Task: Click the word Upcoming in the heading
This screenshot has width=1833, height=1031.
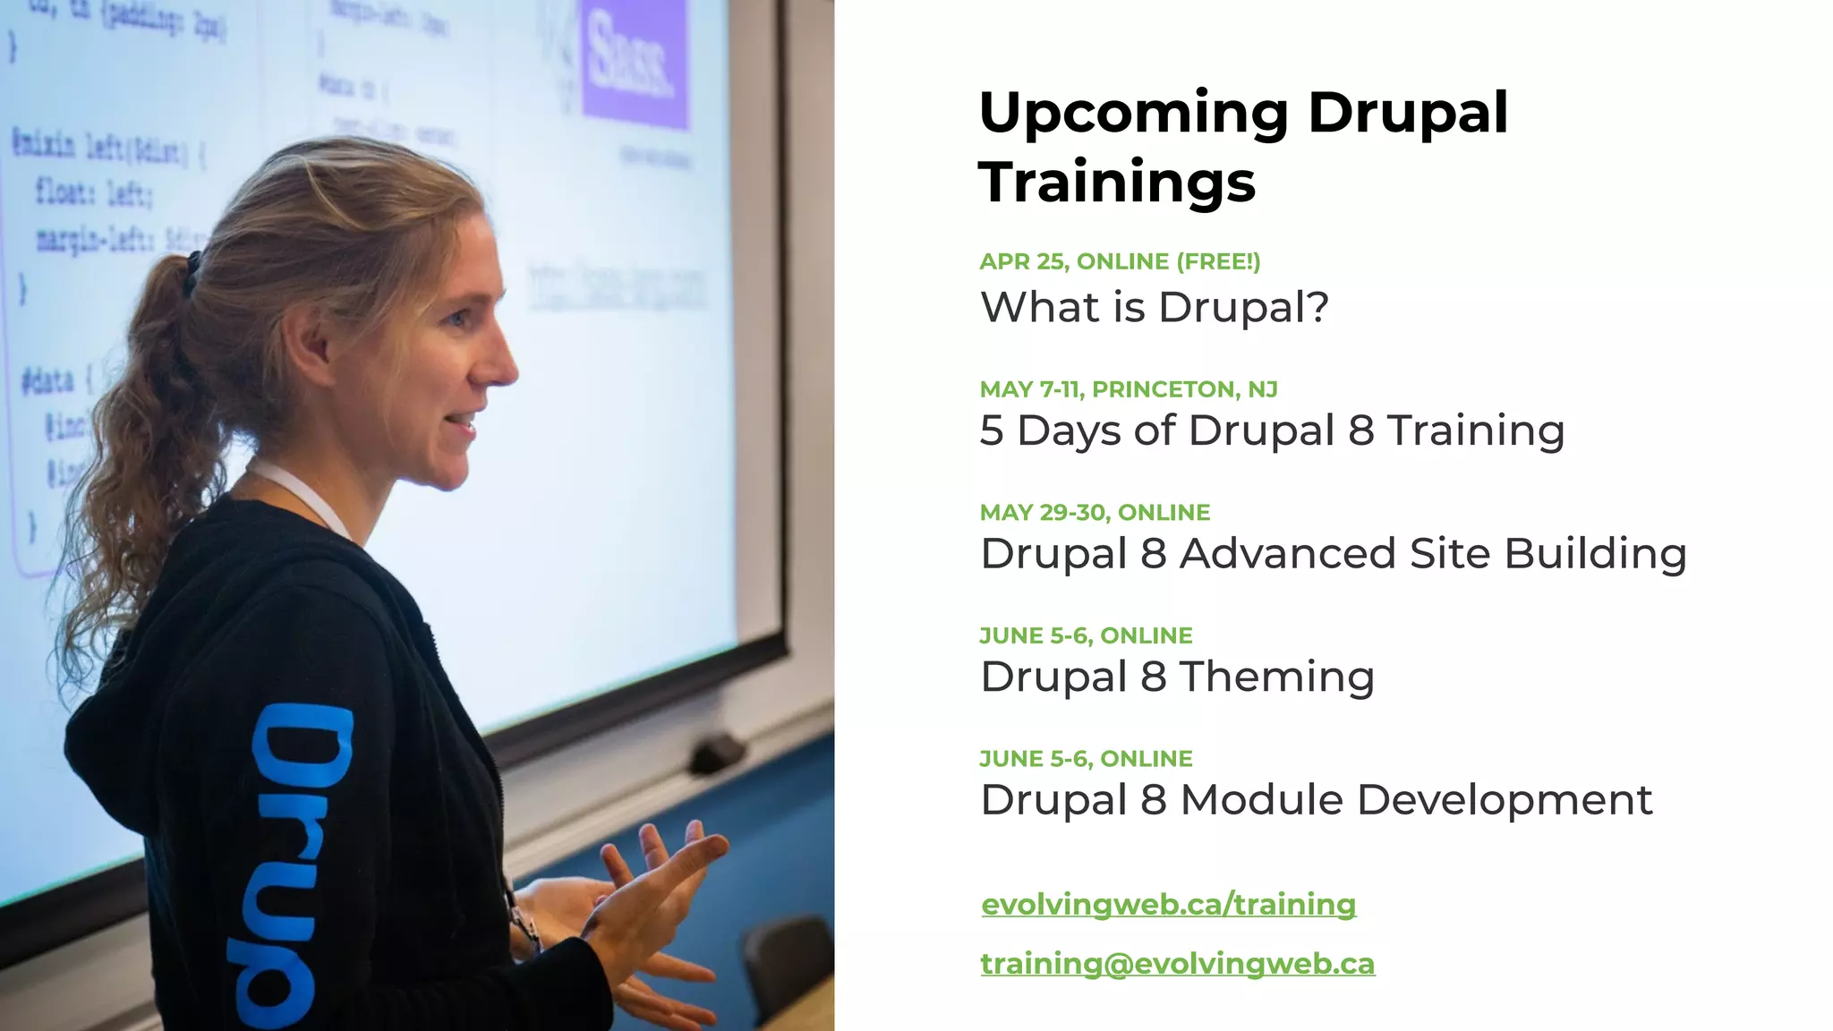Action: tap(1133, 114)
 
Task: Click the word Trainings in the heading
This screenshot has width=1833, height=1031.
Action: tap(1117, 183)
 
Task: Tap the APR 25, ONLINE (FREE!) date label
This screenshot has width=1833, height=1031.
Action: tap(1120, 261)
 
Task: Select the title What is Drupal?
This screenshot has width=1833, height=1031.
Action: tap(1155, 307)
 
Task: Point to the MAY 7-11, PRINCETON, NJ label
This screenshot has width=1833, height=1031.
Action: tap(1129, 389)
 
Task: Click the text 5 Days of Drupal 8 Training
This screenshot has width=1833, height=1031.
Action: tap(1272, 430)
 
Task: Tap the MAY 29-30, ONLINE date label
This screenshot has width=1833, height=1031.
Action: tap(1095, 513)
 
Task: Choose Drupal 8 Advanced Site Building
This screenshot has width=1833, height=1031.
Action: tap(1333, 554)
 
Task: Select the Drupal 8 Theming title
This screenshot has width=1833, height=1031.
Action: tap(1177, 677)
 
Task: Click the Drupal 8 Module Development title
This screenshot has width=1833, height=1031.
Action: tap(1316, 800)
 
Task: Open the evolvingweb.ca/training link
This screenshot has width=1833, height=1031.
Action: tap(1168, 904)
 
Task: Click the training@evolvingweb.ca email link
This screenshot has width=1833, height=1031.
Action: tap(1177, 964)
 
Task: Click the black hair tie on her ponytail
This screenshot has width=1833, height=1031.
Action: tap(192, 273)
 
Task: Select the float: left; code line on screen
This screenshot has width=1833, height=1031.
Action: tap(93, 192)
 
